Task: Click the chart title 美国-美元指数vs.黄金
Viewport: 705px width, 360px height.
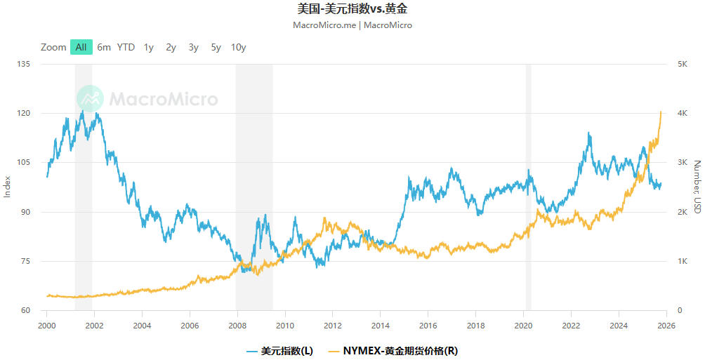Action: click(352, 9)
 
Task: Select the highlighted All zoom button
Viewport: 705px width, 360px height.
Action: click(81, 47)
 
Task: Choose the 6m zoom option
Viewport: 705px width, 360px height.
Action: click(104, 47)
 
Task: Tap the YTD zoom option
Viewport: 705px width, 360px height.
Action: click(126, 47)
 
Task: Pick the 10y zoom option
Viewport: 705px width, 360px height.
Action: click(239, 47)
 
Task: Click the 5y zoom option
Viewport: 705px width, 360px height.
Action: click(216, 47)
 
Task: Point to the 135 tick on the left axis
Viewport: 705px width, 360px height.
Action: click(25, 64)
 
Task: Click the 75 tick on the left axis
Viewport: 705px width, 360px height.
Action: click(27, 261)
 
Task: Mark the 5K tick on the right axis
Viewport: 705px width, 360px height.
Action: click(682, 64)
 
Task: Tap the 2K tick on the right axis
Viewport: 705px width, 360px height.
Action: click(682, 212)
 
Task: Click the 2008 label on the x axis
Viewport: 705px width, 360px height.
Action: click(237, 325)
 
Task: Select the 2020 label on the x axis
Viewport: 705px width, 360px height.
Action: click(523, 325)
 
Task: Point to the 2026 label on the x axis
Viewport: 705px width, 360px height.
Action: click(666, 325)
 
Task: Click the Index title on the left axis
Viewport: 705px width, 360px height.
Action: click(8, 187)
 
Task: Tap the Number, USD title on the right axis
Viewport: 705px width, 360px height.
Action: click(697, 187)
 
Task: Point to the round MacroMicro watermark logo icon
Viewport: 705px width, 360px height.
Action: click(90, 99)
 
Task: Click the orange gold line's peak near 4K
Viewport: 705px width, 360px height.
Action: click(661, 112)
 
